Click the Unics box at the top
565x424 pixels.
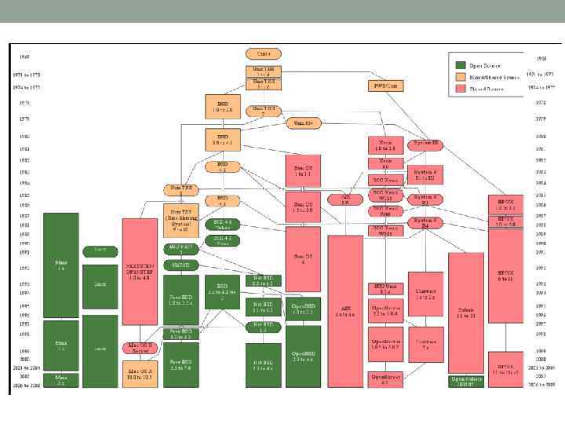coord(263,53)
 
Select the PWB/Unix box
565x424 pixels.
coord(380,85)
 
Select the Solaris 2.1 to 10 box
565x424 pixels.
coord(465,313)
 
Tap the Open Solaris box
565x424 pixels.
coord(465,381)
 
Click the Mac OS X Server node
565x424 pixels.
coord(140,347)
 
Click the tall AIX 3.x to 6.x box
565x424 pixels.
coord(345,311)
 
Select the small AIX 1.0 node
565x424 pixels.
coord(345,199)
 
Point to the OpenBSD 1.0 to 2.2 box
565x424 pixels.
coord(303,310)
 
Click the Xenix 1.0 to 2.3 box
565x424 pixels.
coord(385,145)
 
